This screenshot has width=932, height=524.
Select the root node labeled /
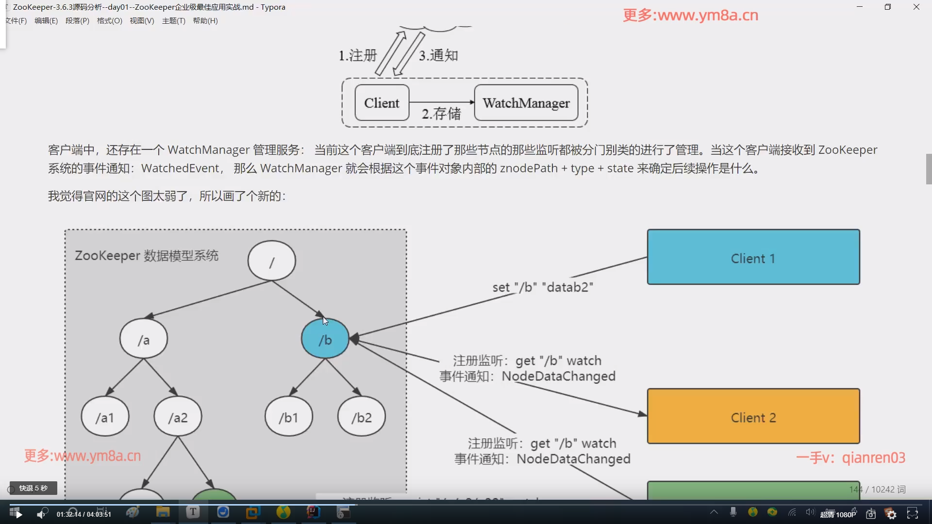(271, 261)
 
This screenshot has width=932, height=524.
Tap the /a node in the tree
(144, 339)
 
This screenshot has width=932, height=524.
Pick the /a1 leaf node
(105, 417)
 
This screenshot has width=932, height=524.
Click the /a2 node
(178, 417)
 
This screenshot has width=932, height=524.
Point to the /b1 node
(288, 417)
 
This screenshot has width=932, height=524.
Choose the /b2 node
(362, 417)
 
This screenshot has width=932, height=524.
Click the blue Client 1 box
(753, 257)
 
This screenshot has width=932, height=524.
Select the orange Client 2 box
(753, 416)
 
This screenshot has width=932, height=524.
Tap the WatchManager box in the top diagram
(526, 103)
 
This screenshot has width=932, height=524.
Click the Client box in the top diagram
(382, 103)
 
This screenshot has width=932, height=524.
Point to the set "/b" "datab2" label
(543, 287)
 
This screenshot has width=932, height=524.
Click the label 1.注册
(358, 55)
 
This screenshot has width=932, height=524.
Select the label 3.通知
(438, 55)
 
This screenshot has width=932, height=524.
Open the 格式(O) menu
(109, 21)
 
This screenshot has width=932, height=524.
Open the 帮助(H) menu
(205, 21)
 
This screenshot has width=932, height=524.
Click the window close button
(916, 7)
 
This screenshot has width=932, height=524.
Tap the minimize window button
(860, 7)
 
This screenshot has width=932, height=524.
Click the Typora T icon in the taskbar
(193, 512)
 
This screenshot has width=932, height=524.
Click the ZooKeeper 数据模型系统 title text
(147, 256)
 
